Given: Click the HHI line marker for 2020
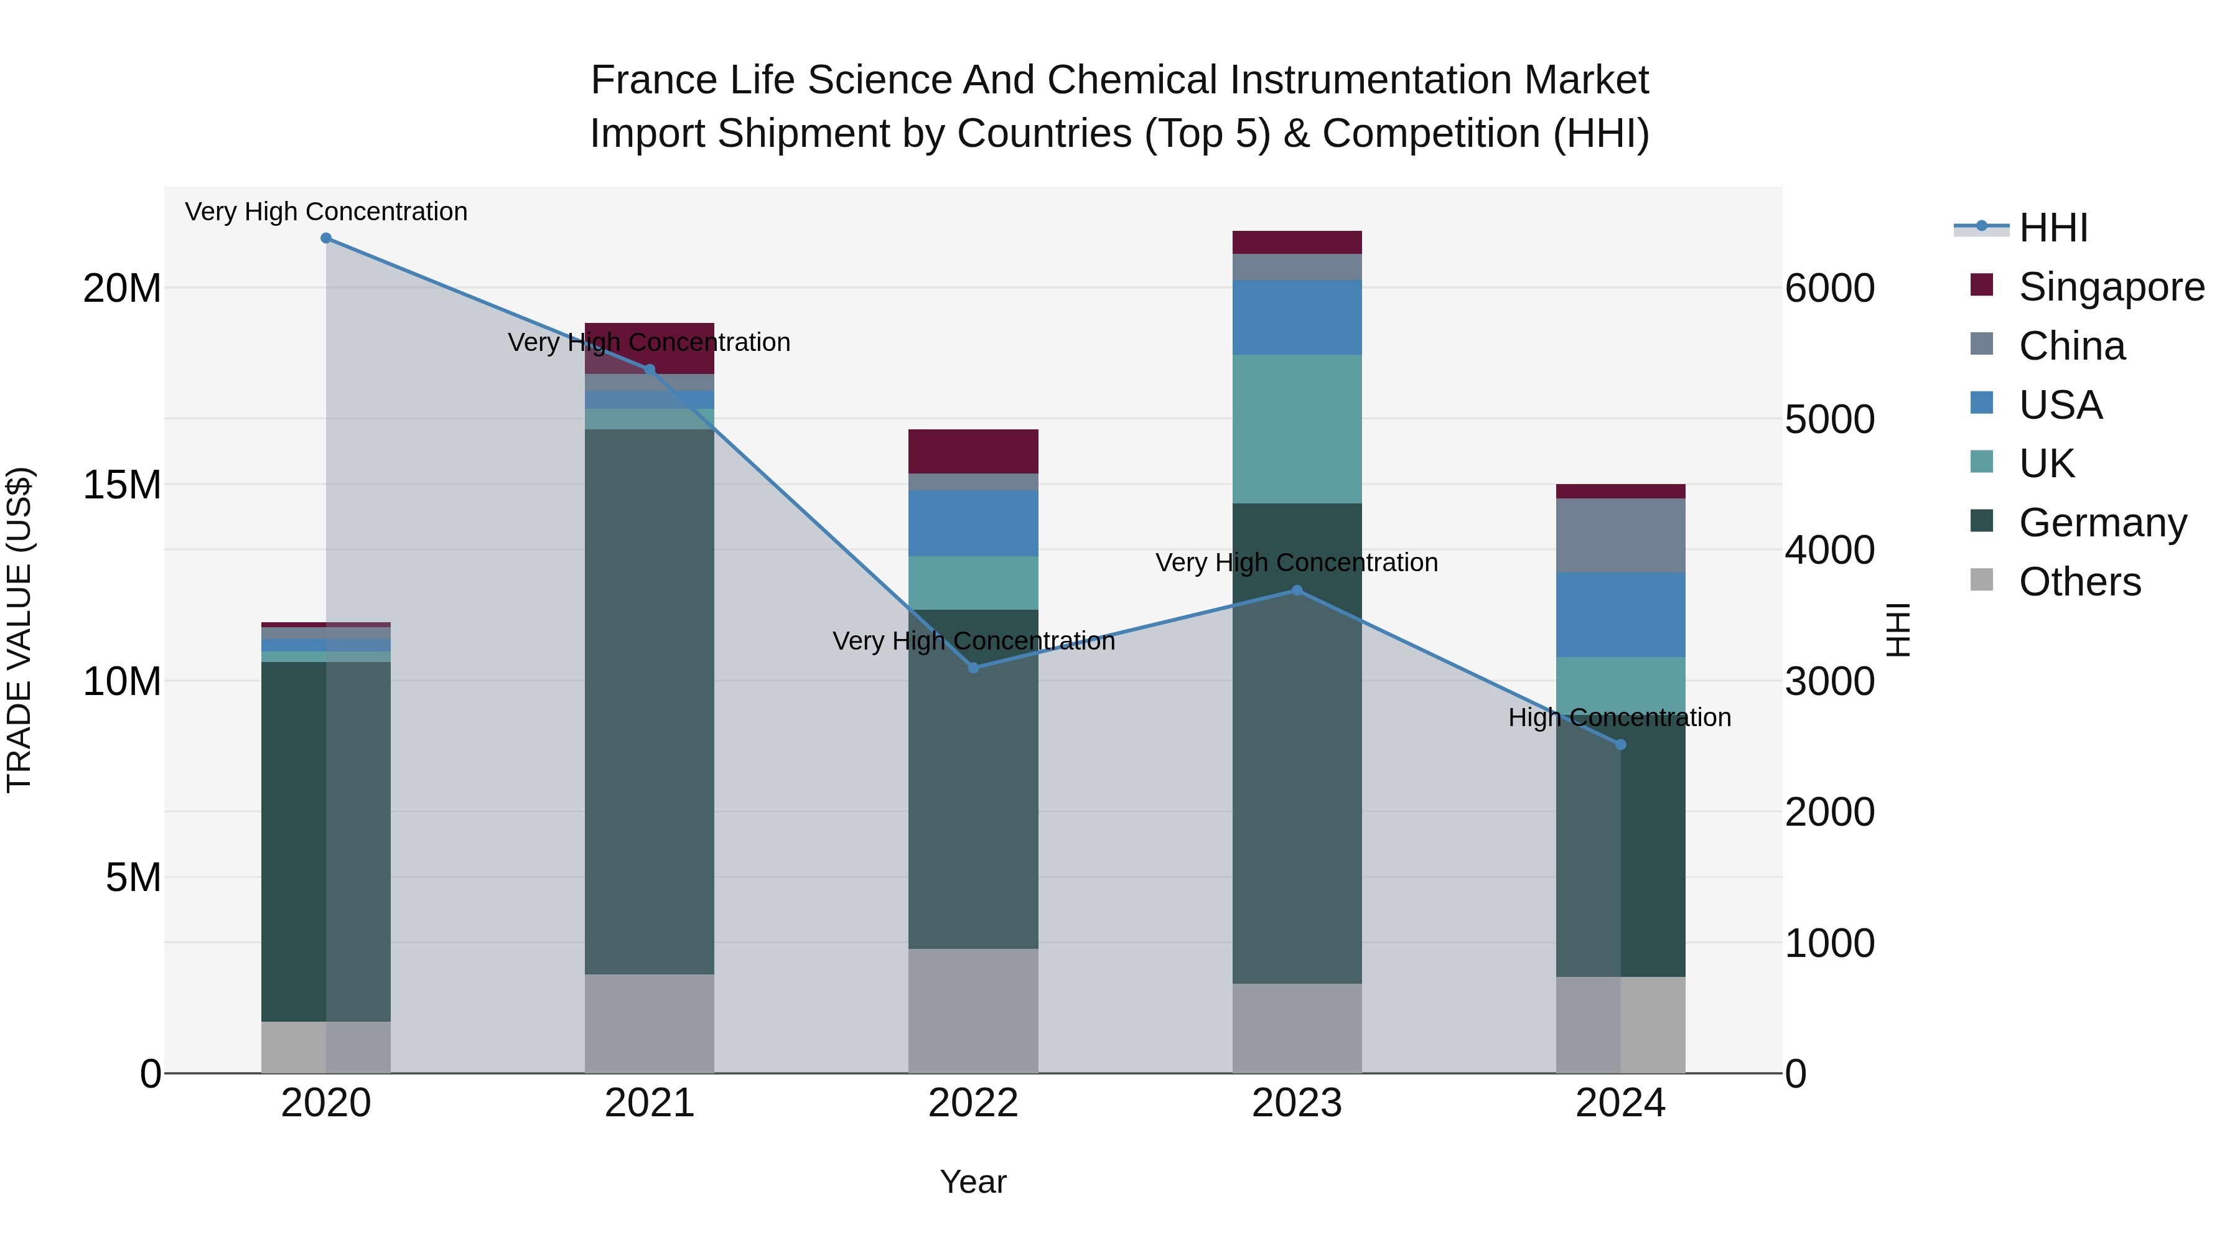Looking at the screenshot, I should [326, 238].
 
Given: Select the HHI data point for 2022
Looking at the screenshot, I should [973, 668].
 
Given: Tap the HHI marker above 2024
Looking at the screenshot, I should [1620, 744].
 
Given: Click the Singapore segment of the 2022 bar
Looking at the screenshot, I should [973, 451].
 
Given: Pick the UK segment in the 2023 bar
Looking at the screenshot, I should [1297, 429].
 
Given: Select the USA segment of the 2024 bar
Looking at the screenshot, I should [1620, 615].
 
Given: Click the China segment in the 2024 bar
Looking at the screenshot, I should [1620, 536].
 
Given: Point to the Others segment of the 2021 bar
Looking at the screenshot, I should [650, 1024].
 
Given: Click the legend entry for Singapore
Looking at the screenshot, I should [2111, 287].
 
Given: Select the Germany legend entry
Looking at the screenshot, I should [2102, 523].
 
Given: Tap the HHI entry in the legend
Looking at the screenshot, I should [2052, 228].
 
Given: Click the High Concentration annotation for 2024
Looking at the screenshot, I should [1620, 717].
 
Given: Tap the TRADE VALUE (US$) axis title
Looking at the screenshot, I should [19, 630].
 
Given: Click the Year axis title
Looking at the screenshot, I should [973, 1182].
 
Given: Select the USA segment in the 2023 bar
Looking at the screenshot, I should [1297, 317].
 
